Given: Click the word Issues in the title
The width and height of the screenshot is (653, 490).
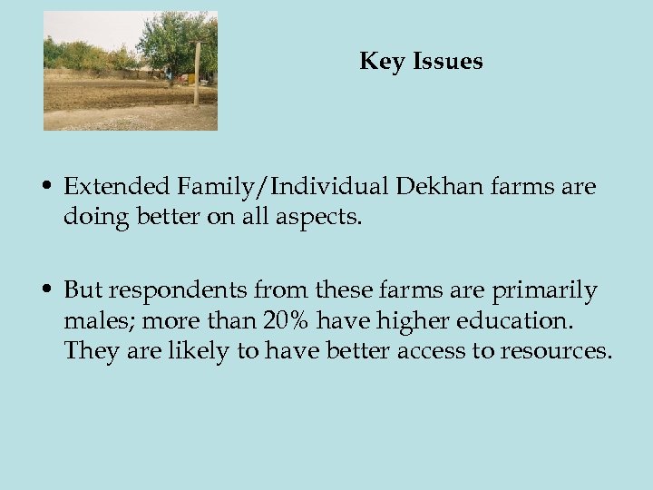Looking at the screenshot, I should click(x=447, y=62).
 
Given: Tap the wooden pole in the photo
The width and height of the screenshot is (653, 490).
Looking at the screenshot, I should click(x=196, y=77).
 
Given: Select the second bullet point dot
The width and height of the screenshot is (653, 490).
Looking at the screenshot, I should click(x=45, y=291).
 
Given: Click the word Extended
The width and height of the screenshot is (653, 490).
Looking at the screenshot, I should click(x=119, y=187).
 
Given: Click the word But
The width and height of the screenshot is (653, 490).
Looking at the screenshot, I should click(x=83, y=290).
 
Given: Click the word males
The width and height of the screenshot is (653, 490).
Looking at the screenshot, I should click(x=94, y=321).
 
